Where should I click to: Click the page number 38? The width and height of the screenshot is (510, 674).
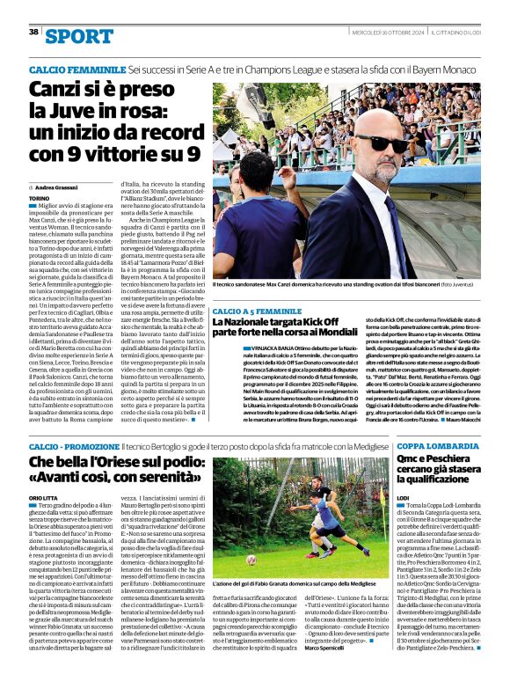pos(33,32)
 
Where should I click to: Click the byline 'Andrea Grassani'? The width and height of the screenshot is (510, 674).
pos(58,187)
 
